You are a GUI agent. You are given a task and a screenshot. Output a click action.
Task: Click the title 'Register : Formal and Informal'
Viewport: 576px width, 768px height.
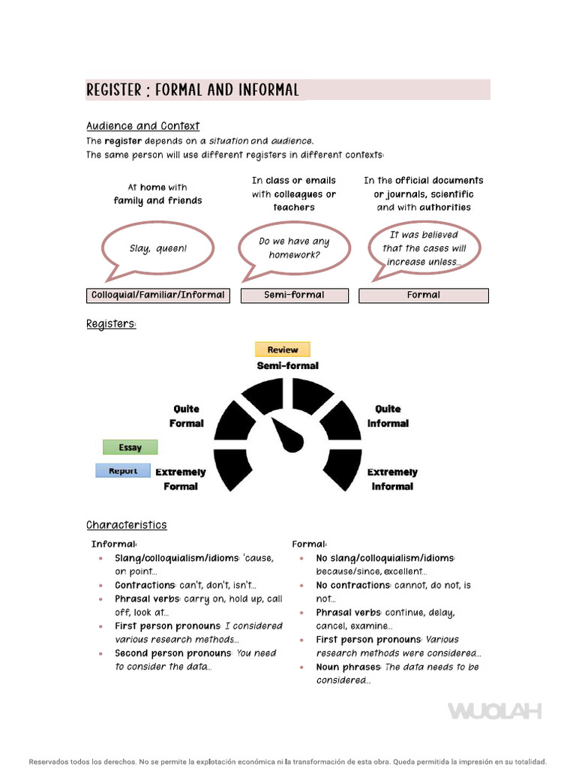(x=193, y=90)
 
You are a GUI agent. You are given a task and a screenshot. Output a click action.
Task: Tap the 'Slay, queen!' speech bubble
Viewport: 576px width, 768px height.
(x=157, y=248)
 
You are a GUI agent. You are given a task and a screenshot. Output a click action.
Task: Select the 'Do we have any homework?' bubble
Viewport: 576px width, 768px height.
(x=294, y=248)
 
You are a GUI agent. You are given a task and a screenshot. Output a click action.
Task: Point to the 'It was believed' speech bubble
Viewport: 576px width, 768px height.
(x=424, y=248)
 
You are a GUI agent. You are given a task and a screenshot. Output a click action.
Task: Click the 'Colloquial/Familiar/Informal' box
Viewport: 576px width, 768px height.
(x=157, y=295)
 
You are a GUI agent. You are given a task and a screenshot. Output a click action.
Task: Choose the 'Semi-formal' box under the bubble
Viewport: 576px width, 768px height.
(x=294, y=295)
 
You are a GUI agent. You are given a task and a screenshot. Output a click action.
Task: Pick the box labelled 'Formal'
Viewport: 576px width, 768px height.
(x=424, y=295)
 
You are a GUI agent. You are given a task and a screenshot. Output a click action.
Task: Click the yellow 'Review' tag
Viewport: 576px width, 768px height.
(x=282, y=349)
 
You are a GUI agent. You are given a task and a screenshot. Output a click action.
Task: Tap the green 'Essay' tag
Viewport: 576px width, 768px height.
(x=130, y=448)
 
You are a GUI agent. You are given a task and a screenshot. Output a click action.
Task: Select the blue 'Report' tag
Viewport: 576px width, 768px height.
(x=123, y=471)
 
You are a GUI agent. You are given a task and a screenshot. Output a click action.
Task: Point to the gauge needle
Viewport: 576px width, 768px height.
(x=287, y=436)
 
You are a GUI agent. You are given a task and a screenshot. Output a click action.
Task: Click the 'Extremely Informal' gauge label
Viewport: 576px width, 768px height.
(x=391, y=479)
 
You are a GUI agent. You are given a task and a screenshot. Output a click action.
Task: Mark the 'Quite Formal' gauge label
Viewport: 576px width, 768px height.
(x=187, y=416)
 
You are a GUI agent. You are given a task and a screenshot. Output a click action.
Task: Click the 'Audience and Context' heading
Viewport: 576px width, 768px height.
(x=143, y=126)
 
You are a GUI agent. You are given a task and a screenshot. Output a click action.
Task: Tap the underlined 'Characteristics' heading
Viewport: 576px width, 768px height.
(x=127, y=525)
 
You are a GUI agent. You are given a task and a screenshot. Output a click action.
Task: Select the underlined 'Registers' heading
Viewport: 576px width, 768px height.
(x=112, y=324)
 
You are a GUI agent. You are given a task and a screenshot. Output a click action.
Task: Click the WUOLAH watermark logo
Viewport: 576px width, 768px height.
(x=494, y=711)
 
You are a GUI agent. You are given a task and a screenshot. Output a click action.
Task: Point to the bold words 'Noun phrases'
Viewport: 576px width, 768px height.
(x=349, y=667)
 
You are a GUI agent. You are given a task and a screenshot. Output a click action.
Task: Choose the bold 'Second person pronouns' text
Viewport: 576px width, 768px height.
(x=172, y=653)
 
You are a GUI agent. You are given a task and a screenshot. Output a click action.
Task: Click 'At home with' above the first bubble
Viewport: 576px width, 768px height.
(x=157, y=187)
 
